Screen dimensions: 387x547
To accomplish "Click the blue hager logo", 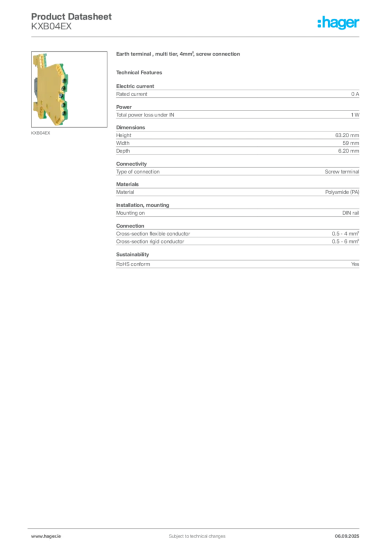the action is (x=339, y=23).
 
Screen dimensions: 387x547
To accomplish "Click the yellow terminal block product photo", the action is (x=51, y=89).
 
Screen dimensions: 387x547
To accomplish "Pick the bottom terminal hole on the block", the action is (x=64, y=112).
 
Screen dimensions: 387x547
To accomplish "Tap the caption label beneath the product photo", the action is (x=40, y=133).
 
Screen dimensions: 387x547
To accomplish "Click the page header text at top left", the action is (x=72, y=17).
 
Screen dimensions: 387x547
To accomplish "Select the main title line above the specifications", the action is (x=180, y=56).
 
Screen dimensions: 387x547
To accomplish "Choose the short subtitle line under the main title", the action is (x=141, y=72).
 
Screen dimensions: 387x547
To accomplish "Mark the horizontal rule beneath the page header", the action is (x=196, y=36).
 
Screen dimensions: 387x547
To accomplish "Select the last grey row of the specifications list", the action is (x=237, y=263).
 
